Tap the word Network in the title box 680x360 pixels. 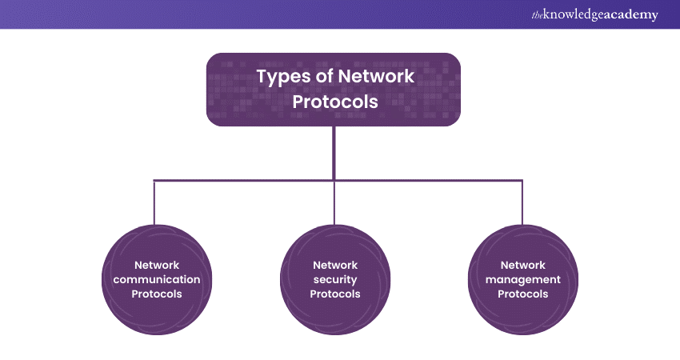click(x=377, y=77)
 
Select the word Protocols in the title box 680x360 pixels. click(x=334, y=102)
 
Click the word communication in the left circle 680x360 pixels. click(x=157, y=279)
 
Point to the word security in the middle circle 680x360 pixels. click(x=335, y=279)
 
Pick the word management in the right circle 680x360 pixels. click(x=522, y=279)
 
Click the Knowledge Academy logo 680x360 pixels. click(x=597, y=15)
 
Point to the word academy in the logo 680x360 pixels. click(x=631, y=15)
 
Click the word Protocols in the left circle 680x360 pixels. click(x=157, y=294)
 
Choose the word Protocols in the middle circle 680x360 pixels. click(x=335, y=294)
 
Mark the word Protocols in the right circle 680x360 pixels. click(x=522, y=294)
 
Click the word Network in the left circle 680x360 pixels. click(x=157, y=265)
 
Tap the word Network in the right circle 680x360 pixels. click(x=522, y=265)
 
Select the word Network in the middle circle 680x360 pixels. click(x=335, y=265)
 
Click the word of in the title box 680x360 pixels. click(x=324, y=77)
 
